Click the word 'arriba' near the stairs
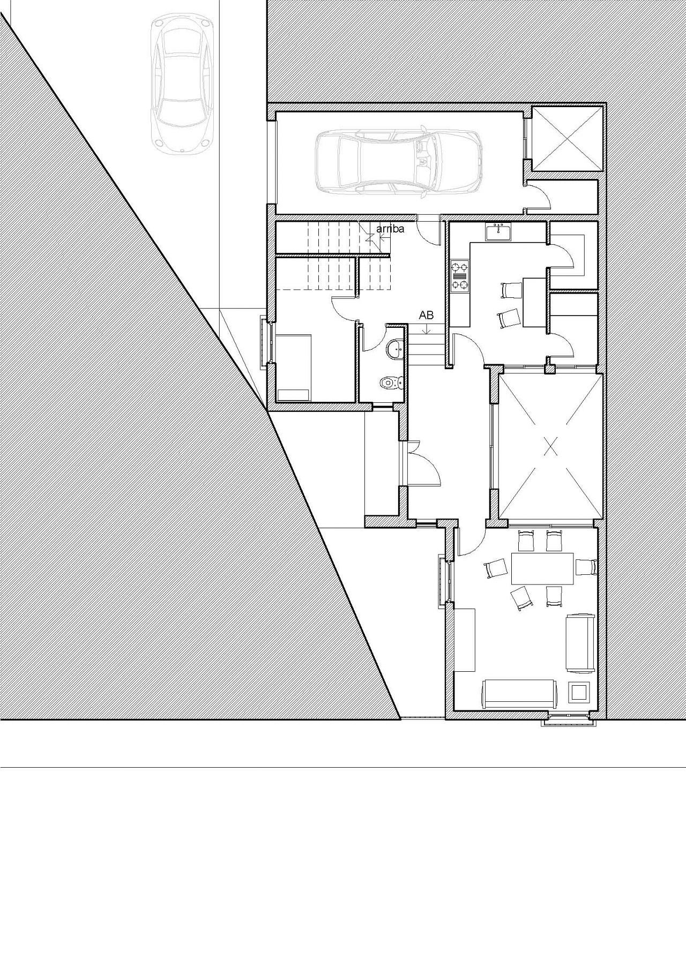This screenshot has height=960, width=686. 390,229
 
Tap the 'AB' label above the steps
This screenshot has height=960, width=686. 426,316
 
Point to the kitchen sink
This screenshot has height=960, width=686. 498,232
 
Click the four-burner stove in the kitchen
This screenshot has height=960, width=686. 460,276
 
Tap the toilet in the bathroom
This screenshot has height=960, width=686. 391,382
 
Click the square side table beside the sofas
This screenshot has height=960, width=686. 579,692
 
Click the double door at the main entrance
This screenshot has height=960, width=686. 423,463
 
